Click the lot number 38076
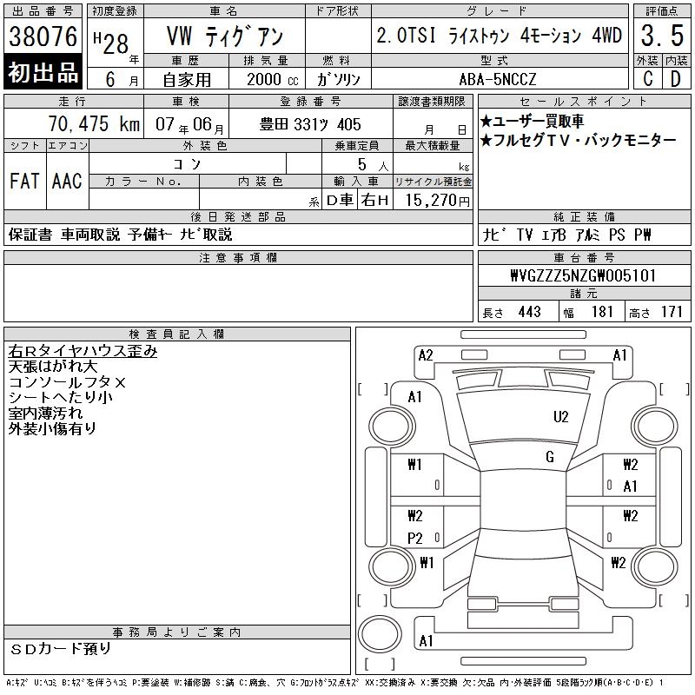pyautogui.click(x=43, y=36)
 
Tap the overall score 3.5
pyautogui.click(x=662, y=36)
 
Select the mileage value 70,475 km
pyautogui.click(x=94, y=124)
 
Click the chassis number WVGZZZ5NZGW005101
pyautogui.click(x=583, y=275)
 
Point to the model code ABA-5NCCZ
pyautogui.click(x=498, y=79)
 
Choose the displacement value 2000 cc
pyautogui.click(x=272, y=79)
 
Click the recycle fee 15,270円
pyautogui.click(x=437, y=201)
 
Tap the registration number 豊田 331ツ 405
pyautogui.click(x=310, y=124)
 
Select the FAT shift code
pyautogui.click(x=25, y=181)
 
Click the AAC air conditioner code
pyautogui.click(x=67, y=181)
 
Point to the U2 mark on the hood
pyautogui.click(x=560, y=417)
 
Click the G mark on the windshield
pyautogui.click(x=550, y=457)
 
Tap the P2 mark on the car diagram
pyautogui.click(x=415, y=538)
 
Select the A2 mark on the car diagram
pyautogui.click(x=426, y=355)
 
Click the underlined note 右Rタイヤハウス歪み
pyautogui.click(x=83, y=351)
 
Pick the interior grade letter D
pyautogui.click(x=676, y=79)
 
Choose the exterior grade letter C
pyautogui.click(x=647, y=79)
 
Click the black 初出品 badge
pyautogui.click(x=43, y=72)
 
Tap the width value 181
pyautogui.click(x=602, y=312)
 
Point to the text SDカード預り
pyautogui.click(x=60, y=649)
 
